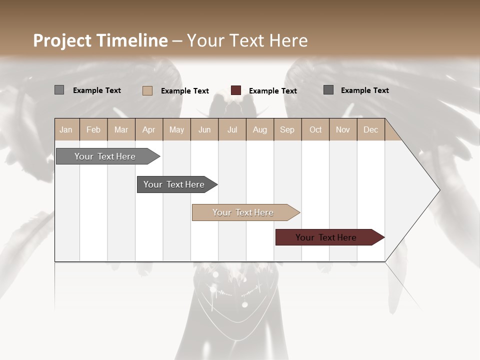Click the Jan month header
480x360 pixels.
click(x=66, y=129)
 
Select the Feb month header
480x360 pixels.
click(x=93, y=129)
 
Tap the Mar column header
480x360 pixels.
click(x=121, y=129)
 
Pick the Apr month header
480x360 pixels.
click(x=149, y=129)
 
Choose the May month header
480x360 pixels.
click(x=176, y=129)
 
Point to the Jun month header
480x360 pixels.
click(x=204, y=129)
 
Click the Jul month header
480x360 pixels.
click(x=232, y=129)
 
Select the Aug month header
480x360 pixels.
click(x=259, y=129)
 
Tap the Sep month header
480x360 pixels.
click(x=287, y=129)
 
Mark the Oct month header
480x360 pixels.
click(x=315, y=129)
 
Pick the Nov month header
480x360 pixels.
click(x=343, y=129)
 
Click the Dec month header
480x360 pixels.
click(x=370, y=129)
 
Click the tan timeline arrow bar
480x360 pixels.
click(x=243, y=212)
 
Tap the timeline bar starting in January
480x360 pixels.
click(x=105, y=156)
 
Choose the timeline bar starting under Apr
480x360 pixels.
click(x=174, y=184)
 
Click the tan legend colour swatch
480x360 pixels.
click(x=147, y=90)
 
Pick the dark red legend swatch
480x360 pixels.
click(x=236, y=90)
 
